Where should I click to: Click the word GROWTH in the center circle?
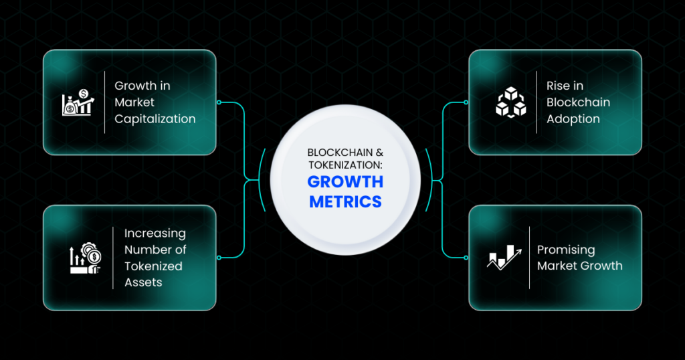(345, 182)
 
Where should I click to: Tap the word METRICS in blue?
(345, 202)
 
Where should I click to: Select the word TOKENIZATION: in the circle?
(345, 165)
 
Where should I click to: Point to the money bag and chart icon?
(78, 102)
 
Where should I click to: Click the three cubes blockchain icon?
(510, 102)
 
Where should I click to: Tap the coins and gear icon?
(85, 258)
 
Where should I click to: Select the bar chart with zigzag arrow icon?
(504, 258)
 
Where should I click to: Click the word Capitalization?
(155, 119)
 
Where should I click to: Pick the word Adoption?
(573, 119)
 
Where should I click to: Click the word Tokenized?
(153, 266)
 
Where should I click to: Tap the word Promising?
(566, 250)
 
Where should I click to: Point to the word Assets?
(143, 282)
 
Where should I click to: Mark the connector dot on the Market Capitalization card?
(219, 102)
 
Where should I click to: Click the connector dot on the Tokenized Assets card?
(219, 258)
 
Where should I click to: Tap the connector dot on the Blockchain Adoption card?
(466, 102)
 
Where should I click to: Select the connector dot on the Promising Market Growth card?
(466, 258)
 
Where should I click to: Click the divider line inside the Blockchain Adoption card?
(536, 102)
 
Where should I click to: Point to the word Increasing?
(155, 234)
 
